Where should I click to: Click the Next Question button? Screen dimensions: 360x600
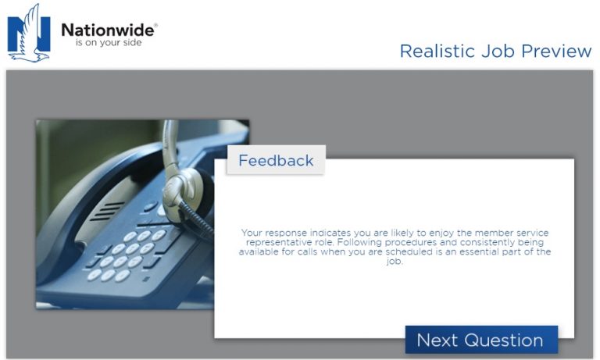pos(480,340)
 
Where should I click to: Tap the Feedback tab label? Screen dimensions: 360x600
pos(276,161)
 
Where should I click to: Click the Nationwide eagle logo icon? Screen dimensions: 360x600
pos(29,33)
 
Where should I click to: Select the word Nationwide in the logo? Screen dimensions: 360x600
pos(109,30)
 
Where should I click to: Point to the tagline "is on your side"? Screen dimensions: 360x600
pos(109,44)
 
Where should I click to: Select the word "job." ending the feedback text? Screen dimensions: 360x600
pos(395,262)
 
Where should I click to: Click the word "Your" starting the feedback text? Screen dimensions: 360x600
pos(253,233)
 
